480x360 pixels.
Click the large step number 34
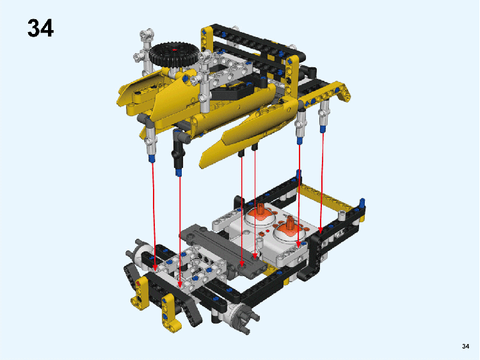coord(40,28)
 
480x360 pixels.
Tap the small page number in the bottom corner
coord(465,346)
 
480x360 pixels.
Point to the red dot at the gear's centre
coord(175,49)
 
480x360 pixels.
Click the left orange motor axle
coord(260,209)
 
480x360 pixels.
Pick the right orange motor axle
coord(289,223)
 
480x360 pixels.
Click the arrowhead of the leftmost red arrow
coord(155,268)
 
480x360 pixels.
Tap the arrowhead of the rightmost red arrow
coord(321,230)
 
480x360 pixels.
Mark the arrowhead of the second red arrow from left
coord(180,284)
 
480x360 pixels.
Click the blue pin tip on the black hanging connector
coord(179,172)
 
